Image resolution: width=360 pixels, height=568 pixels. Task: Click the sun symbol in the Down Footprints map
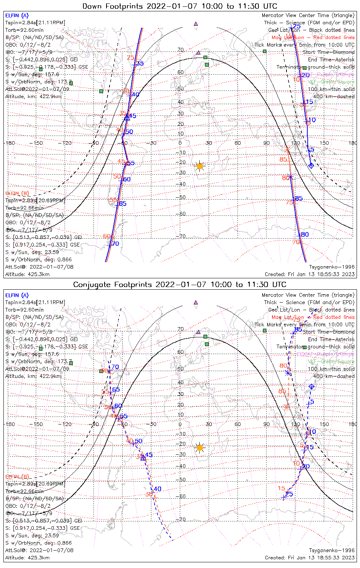pyautogui.click(x=200, y=166)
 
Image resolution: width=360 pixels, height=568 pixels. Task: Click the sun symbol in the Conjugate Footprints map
pyautogui.click(x=200, y=448)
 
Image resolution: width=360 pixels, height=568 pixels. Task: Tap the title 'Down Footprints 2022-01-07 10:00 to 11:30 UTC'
pyautogui.click(x=180, y=6)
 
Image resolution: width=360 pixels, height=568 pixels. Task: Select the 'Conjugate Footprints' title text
pyautogui.click(x=180, y=284)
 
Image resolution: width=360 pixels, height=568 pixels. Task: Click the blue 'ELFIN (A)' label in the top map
pyautogui.click(x=17, y=16)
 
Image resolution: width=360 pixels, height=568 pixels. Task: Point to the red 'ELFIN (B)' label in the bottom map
pyautogui.click(x=17, y=476)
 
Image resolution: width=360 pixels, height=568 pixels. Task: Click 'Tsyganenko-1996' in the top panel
pyautogui.click(x=332, y=267)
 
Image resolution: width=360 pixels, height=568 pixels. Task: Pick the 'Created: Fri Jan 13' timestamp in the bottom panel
pyautogui.click(x=310, y=558)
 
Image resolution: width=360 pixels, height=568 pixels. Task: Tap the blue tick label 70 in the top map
pyautogui.click(x=115, y=244)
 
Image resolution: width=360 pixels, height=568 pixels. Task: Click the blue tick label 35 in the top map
pyautogui.click(x=140, y=64)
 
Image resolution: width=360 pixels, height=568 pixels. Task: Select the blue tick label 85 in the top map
pyautogui.click(x=299, y=198)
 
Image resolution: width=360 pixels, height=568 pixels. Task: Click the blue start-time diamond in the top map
pyautogui.click(x=311, y=165)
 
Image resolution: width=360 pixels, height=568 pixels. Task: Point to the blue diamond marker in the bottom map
pyautogui.click(x=311, y=387)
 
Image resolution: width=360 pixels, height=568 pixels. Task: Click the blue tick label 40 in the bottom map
pyautogui.click(x=157, y=489)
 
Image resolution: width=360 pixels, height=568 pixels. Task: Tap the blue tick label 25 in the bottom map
pyautogui.click(x=289, y=494)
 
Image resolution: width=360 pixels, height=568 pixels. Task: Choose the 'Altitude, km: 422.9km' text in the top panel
pyautogui.click(x=33, y=97)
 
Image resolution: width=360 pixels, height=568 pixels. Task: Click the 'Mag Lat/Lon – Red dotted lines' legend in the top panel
pyautogui.click(x=313, y=37)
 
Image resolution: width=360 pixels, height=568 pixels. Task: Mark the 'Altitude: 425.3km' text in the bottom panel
pyautogui.click(x=27, y=558)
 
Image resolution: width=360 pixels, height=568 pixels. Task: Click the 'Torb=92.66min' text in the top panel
pyautogui.click(x=24, y=208)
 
